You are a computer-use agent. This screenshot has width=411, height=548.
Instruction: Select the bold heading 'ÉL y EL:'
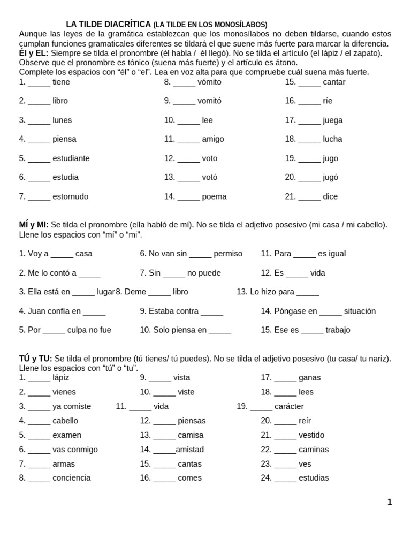pos(34,53)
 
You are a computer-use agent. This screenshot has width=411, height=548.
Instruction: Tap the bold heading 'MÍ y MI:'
pos(34,225)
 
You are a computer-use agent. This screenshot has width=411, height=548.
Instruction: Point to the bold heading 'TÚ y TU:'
pos(35,359)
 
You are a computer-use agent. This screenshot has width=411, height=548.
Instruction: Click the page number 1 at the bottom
pos(390,502)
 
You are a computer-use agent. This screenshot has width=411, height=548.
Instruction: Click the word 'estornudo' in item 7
pos(70,196)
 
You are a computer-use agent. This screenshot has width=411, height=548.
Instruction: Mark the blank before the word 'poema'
pos(188,197)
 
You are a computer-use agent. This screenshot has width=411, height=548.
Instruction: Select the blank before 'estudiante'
pos(39,159)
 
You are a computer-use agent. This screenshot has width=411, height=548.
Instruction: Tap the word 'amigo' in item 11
pos(213,139)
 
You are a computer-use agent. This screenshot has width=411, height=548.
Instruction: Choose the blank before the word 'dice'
pos(309,197)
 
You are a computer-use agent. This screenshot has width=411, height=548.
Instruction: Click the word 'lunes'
pos(62,120)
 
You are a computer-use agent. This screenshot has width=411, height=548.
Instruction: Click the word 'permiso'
pos(228,254)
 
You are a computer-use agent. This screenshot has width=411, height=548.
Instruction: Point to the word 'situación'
pos(360,311)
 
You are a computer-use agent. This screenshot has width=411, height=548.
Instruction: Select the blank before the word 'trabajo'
pos(312,331)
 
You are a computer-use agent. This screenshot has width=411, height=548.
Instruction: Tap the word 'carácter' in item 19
pos(289,406)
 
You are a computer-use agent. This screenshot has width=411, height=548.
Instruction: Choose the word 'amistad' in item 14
pos(190,450)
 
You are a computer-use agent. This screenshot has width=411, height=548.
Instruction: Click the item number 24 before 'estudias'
pos(266,478)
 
